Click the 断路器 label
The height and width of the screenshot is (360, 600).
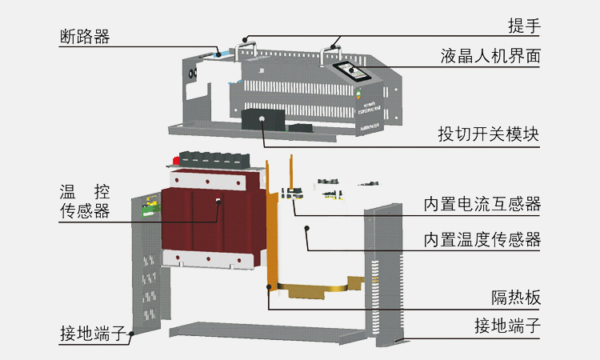click(85, 37)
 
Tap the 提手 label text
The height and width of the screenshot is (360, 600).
click(524, 26)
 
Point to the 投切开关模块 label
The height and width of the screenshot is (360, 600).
click(488, 134)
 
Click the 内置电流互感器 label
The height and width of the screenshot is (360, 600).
click(482, 205)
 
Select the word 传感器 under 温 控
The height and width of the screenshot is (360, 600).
click(85, 212)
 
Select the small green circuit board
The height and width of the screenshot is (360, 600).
click(150, 210)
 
